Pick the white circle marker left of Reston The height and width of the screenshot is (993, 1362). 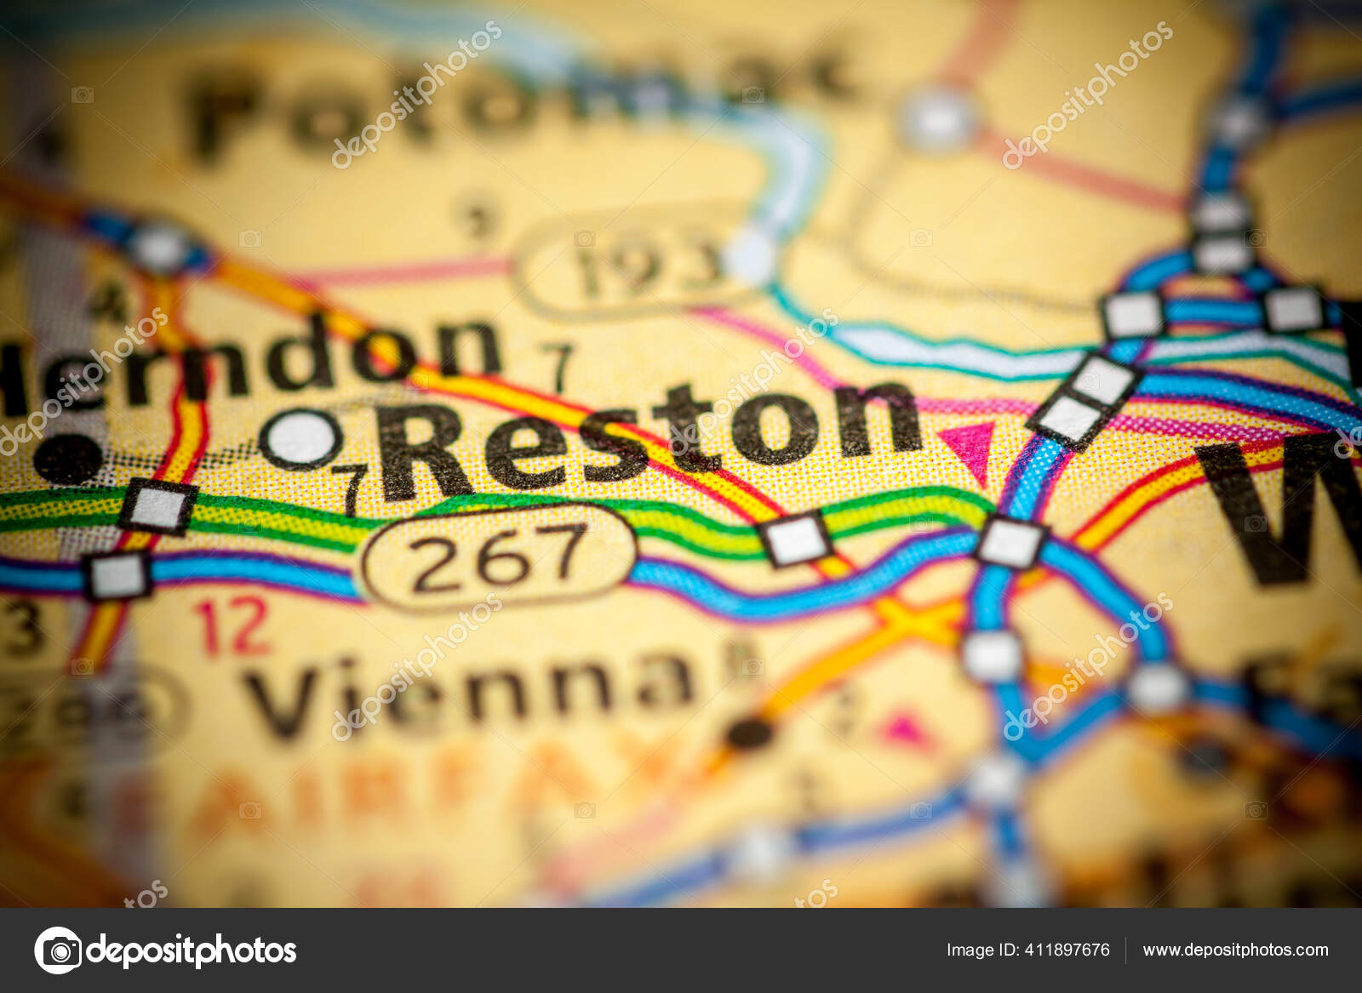[x=300, y=439]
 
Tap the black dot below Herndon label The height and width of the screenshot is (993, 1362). [x=67, y=459]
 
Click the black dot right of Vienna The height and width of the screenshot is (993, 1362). [x=750, y=733]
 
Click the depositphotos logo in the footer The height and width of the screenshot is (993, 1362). [x=165, y=950]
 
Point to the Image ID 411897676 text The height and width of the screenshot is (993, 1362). [x=1027, y=950]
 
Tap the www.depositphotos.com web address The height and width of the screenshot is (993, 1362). [x=1235, y=950]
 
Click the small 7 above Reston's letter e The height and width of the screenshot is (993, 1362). [x=558, y=366]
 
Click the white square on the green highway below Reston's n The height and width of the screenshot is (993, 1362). [x=795, y=539]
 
